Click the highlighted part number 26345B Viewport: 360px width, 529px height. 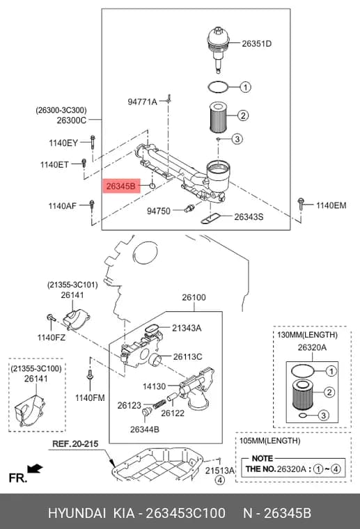[x=120, y=186]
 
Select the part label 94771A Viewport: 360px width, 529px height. [x=142, y=102]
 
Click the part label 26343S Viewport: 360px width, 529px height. [x=249, y=216]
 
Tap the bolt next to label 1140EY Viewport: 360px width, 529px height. [x=93, y=143]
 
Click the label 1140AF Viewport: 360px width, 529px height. [x=63, y=205]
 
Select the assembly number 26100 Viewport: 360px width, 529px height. [x=194, y=298]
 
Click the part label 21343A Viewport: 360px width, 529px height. [x=187, y=328]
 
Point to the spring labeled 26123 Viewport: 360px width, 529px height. [x=159, y=404]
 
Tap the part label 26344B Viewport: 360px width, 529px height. [x=144, y=429]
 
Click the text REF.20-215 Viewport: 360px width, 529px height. [x=75, y=443]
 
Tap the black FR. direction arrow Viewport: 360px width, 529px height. [x=35, y=468]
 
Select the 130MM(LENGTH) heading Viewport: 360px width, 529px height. [x=307, y=335]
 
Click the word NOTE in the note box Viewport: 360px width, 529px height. [x=262, y=459]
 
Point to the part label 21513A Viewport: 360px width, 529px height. [x=219, y=471]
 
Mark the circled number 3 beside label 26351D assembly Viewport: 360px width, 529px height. [x=237, y=139]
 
